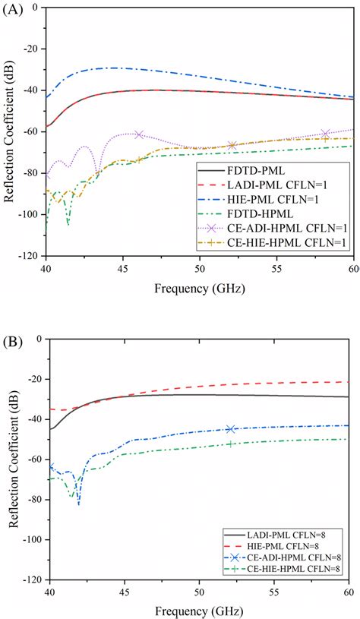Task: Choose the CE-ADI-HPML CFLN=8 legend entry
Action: pyautogui.click(x=292, y=550)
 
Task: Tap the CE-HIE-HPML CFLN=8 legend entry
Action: pyautogui.click(x=292, y=563)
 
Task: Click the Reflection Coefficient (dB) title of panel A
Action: pyautogui.click(x=9, y=131)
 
